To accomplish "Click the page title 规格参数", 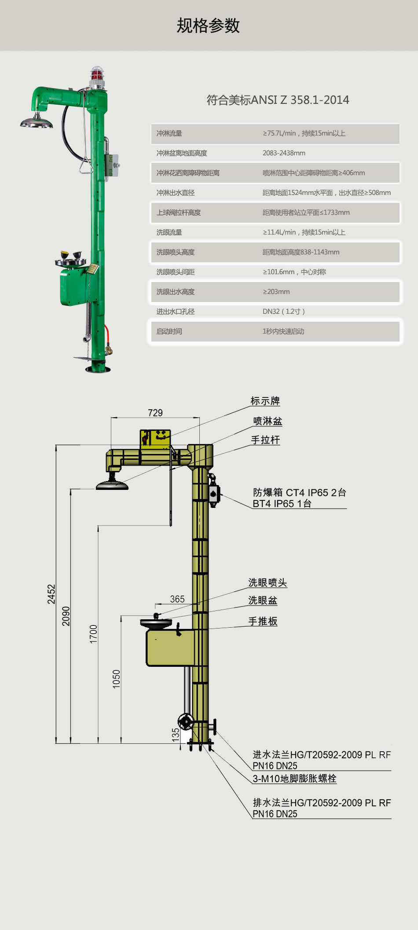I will pos(208,26).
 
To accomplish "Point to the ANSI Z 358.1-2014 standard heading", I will pos(278,100).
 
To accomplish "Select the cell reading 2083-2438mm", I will pos(284,153).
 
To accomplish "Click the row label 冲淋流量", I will pos(169,133).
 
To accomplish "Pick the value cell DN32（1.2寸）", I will pos(284,312).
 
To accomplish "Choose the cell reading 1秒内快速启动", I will pos(283,331).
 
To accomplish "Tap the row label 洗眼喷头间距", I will pos(176,272).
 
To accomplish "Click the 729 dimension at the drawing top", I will pos(155,413).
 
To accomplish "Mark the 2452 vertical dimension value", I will pos(51,594).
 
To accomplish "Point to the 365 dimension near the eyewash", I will pos(177,599).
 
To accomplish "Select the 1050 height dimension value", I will pos(116,679).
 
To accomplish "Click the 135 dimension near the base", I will pos(176,734).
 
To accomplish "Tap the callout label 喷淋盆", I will pos(268,421).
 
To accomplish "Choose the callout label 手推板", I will pos(263,621).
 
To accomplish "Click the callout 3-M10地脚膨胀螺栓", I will pos(294,779).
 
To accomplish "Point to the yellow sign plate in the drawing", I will pos(155,437).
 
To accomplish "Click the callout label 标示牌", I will pos(265,401).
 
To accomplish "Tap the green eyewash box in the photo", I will pos(74,286).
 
